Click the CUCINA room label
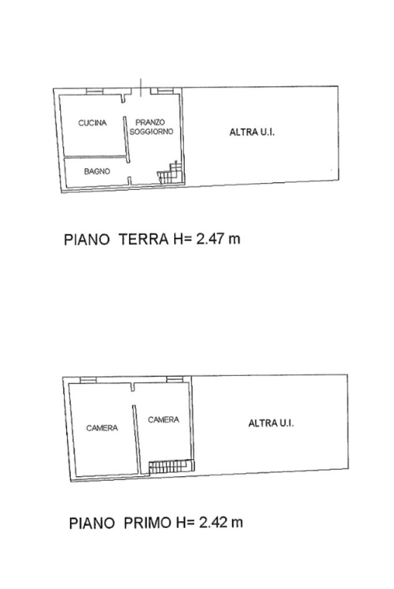point(92,123)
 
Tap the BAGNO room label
point(97,172)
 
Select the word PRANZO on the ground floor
point(150,122)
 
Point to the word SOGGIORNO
point(151,131)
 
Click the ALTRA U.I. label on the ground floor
point(252,132)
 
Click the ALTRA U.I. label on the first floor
point(271,423)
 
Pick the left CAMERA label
point(102,428)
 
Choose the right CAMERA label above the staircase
point(163,420)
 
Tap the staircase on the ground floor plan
point(170,172)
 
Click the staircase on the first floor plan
point(171,467)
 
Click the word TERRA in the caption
point(144,240)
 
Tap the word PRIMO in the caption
point(148,523)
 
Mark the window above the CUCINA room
point(95,92)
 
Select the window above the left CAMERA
point(88,380)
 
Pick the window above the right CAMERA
point(175,379)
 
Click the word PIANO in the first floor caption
point(92,523)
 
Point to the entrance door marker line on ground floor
point(141,88)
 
